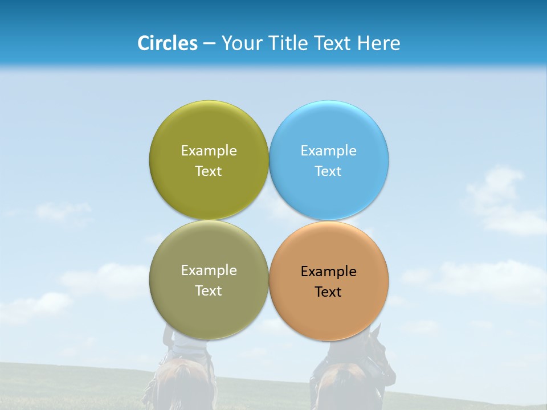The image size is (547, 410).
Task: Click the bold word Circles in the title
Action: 167,43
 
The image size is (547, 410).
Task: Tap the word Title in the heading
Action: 291,43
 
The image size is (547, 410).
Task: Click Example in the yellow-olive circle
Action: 209,150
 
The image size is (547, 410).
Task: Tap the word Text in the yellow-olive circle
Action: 209,171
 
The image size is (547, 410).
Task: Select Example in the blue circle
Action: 328,150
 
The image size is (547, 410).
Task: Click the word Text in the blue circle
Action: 328,171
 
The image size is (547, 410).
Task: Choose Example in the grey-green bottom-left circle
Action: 209,270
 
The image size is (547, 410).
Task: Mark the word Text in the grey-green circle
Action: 209,290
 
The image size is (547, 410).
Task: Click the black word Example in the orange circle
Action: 328,271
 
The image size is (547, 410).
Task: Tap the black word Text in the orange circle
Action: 328,292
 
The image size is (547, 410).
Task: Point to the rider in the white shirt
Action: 185,345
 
